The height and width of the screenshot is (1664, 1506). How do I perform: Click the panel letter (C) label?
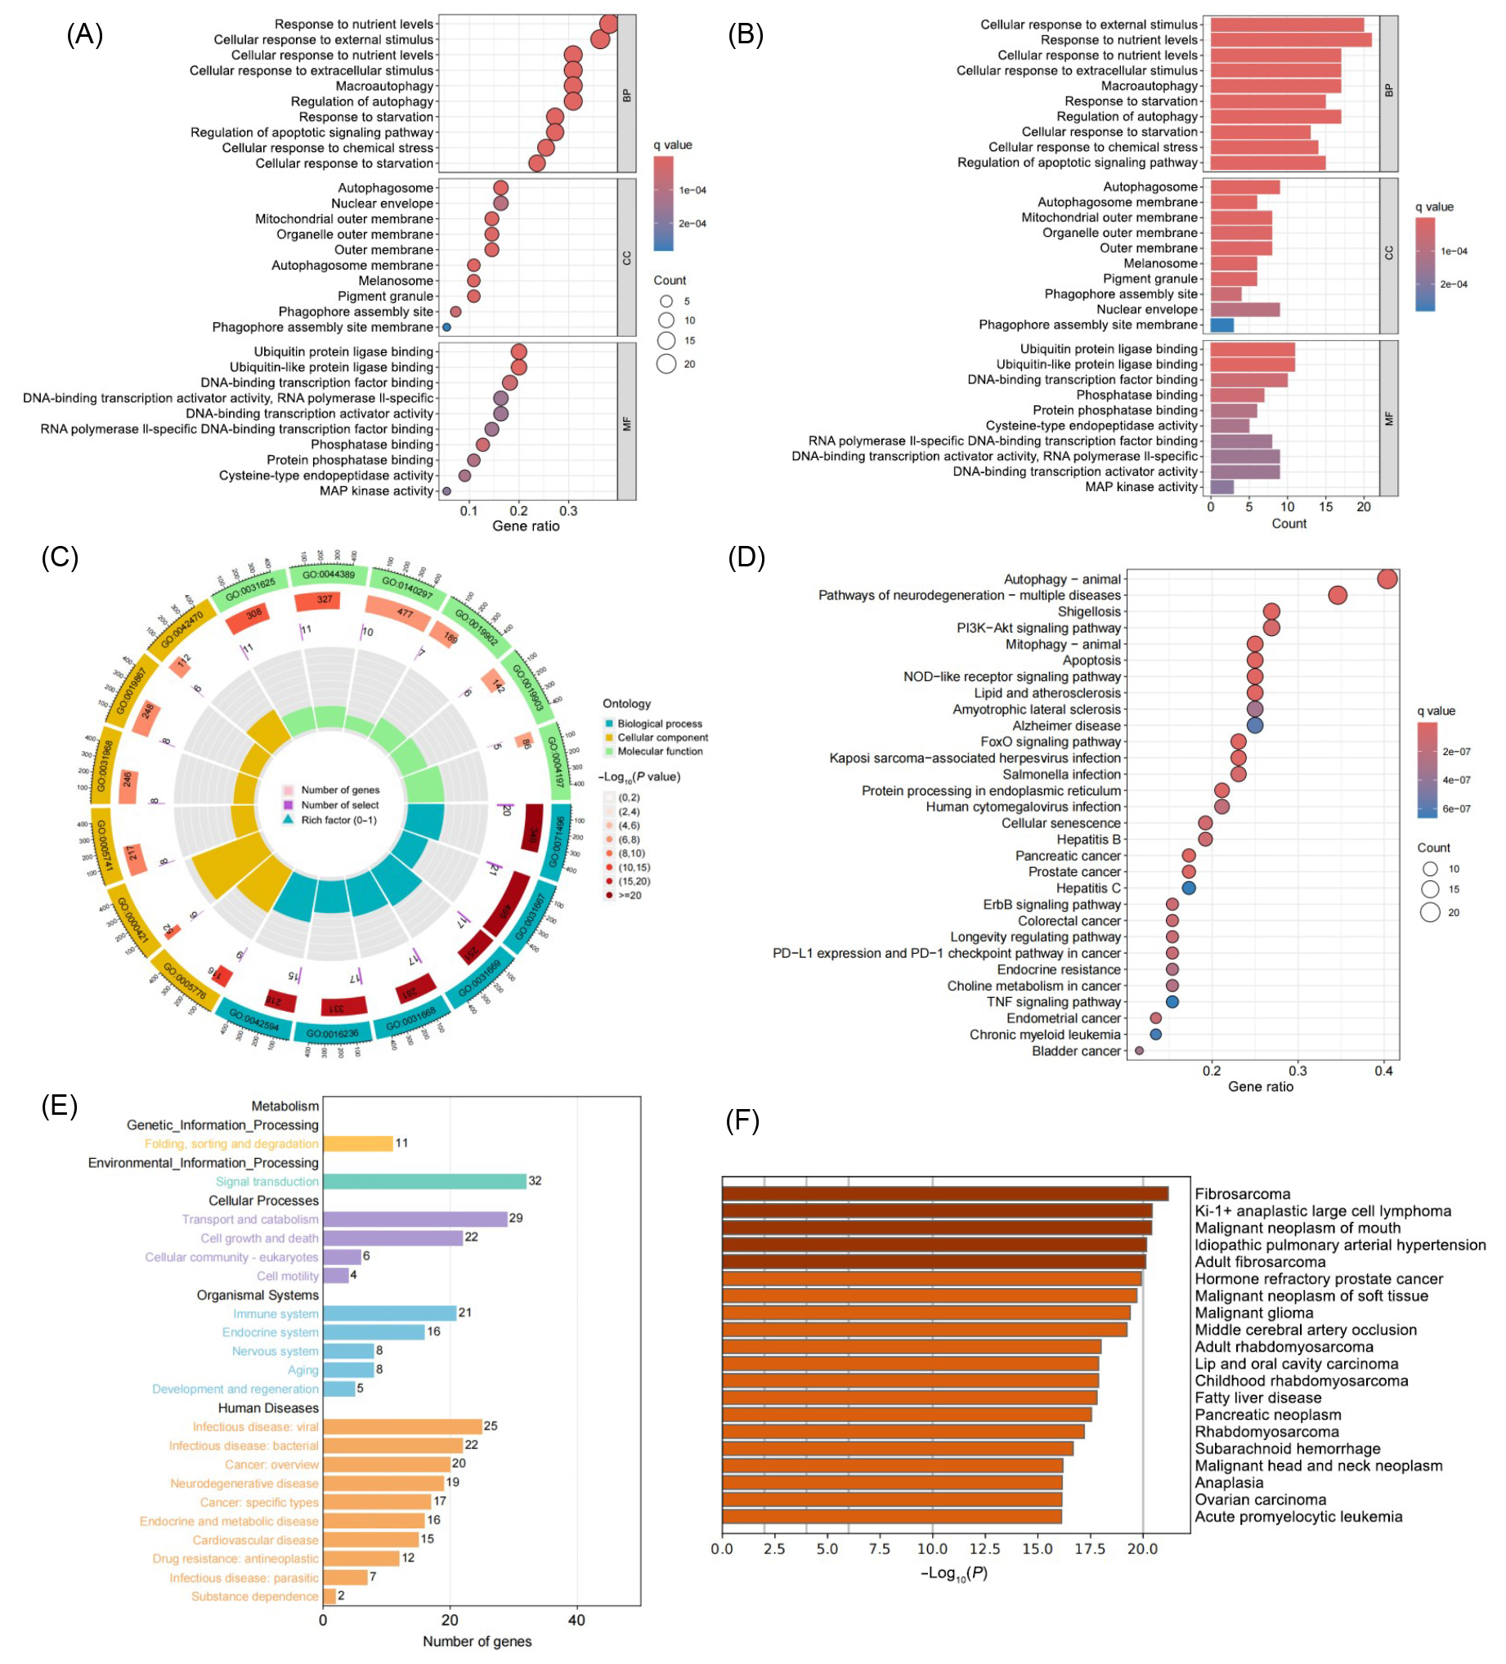[x=60, y=557]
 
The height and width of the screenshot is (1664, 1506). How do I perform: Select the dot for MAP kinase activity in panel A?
[x=446, y=491]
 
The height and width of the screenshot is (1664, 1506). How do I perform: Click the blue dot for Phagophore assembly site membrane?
[x=446, y=327]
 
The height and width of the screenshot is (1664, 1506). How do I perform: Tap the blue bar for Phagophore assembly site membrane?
[x=1221, y=324]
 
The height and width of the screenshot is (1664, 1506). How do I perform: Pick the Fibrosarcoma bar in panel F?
[x=943, y=1193]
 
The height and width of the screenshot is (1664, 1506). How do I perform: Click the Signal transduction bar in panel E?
[x=424, y=1181]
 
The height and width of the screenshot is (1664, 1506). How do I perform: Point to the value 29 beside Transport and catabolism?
[x=516, y=1219]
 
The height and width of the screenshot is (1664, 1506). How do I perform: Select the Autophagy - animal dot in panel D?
[x=1387, y=579]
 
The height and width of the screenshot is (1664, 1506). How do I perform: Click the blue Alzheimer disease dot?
[x=1254, y=726]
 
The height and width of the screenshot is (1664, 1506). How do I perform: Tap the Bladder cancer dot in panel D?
[x=1140, y=1051]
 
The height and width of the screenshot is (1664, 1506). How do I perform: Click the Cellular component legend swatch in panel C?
[x=609, y=738]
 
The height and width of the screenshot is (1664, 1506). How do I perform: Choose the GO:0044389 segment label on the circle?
[x=328, y=575]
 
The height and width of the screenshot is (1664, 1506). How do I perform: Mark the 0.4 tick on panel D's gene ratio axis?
[x=1384, y=1071]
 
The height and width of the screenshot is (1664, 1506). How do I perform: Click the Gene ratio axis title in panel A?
[x=525, y=526]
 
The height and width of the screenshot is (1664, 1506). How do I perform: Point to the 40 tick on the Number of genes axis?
[x=576, y=1620]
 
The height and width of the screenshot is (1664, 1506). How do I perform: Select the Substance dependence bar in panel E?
[x=329, y=1596]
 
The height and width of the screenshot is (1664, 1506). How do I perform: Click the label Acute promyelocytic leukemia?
[x=1298, y=1516]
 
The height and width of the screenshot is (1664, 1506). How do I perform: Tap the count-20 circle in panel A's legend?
[x=666, y=364]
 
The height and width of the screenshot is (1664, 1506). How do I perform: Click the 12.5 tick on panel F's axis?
[x=984, y=1550]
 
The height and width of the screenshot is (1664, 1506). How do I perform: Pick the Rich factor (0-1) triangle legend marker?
[x=288, y=820]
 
